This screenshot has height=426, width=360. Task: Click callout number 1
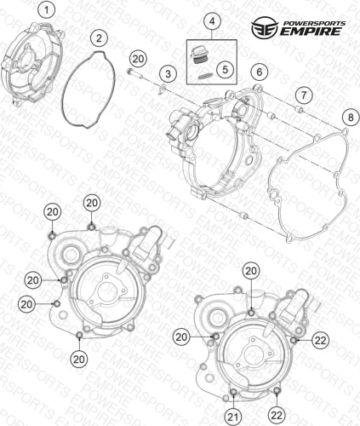pos(47,11)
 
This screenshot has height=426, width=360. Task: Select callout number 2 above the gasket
pos(99,38)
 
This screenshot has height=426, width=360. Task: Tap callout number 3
pos(169,74)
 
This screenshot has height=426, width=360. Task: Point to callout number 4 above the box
pos(212,20)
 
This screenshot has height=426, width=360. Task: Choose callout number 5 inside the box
pos(225,69)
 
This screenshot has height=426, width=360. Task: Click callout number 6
pos(260,72)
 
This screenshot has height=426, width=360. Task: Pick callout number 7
pos(304,95)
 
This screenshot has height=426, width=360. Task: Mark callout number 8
pos(351,117)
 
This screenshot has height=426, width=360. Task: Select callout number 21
pos(233,417)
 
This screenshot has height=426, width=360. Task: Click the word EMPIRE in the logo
pos(311,31)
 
